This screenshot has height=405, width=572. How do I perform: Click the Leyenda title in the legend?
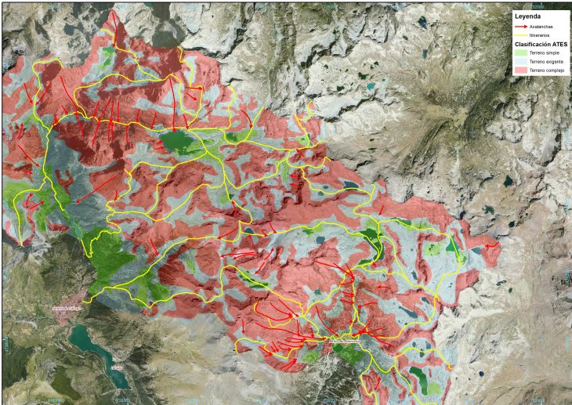[x=528, y=16]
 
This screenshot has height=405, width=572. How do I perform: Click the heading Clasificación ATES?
[x=540, y=45]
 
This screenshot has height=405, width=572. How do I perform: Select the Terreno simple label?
[x=545, y=53]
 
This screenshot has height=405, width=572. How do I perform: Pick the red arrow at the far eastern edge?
[x=491, y=245]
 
